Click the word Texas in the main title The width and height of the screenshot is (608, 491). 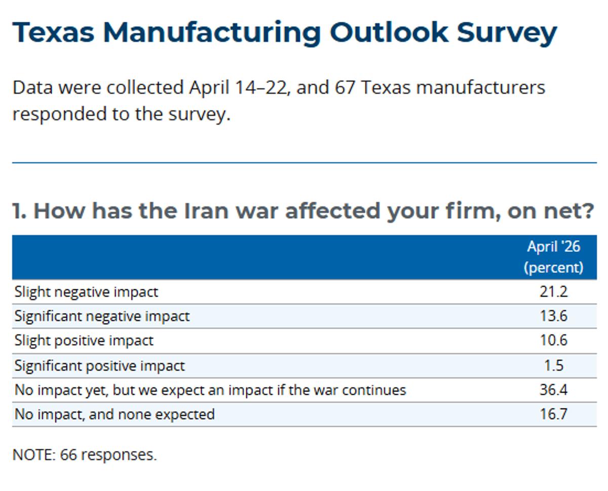(x=53, y=32)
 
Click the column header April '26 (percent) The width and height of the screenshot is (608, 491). (x=553, y=257)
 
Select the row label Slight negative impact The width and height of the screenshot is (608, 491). (x=86, y=292)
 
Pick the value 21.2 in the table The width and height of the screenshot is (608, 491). (x=553, y=292)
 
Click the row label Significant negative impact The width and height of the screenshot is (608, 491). (x=102, y=317)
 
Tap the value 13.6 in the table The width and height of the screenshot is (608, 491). (x=553, y=316)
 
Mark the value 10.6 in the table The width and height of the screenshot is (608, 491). (x=553, y=341)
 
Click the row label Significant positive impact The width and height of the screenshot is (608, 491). (x=100, y=365)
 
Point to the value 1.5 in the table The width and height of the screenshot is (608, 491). (x=553, y=365)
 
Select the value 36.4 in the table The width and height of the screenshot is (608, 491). (x=553, y=390)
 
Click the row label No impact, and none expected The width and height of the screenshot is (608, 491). (x=115, y=414)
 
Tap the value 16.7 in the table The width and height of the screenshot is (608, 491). (x=553, y=414)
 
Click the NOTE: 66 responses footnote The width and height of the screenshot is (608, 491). (x=85, y=455)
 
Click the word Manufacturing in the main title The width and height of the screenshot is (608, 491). (x=212, y=32)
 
